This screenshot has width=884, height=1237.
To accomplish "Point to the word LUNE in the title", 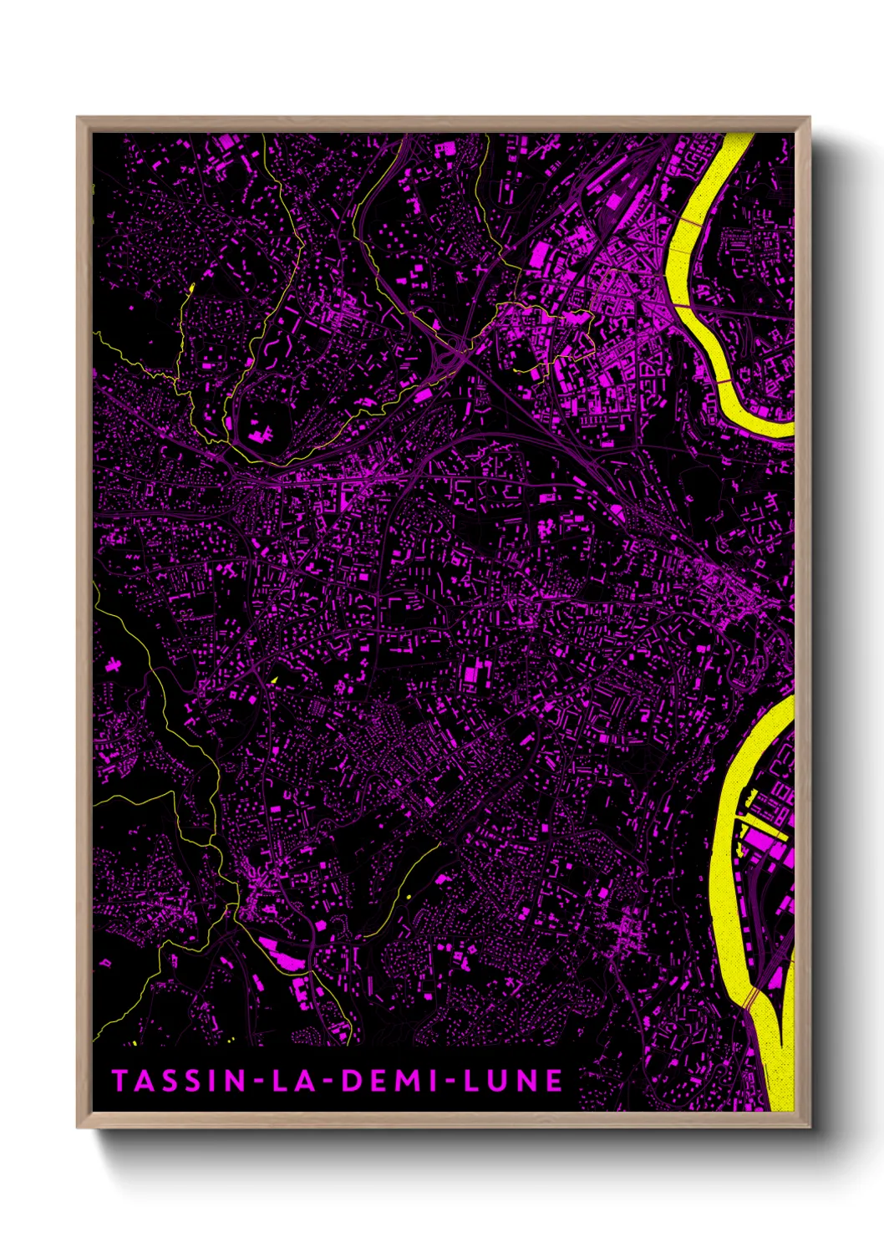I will [x=513, y=1081].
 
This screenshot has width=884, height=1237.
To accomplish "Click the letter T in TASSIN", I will [x=119, y=1081].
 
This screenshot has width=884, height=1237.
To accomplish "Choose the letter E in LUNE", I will [x=553, y=1081].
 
